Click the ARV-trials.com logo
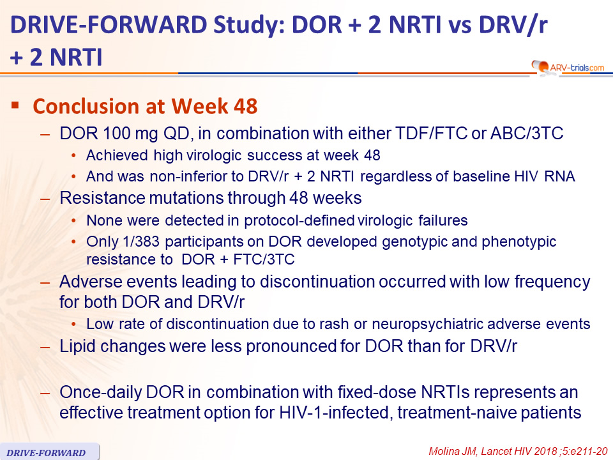[568, 67]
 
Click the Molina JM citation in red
[518, 452]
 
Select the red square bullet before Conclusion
[15, 105]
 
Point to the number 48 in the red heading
[245, 106]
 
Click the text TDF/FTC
[431, 134]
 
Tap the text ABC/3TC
[527, 134]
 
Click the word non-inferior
[197, 176]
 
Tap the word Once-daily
[100, 392]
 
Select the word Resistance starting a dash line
[102, 198]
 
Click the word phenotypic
[518, 242]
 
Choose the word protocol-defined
[299, 220]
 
